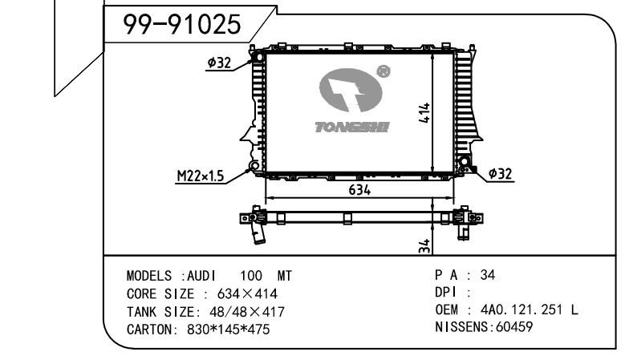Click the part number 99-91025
tap(181, 24)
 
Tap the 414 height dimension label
tap(424, 112)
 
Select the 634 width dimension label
tap(359, 190)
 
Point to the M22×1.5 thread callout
tap(201, 176)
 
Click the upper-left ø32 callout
tap(219, 63)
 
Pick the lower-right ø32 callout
tap(500, 173)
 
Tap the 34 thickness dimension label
tap(424, 246)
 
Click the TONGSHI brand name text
tap(352, 127)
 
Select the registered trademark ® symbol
tap(383, 72)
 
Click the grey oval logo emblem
tap(351, 90)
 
